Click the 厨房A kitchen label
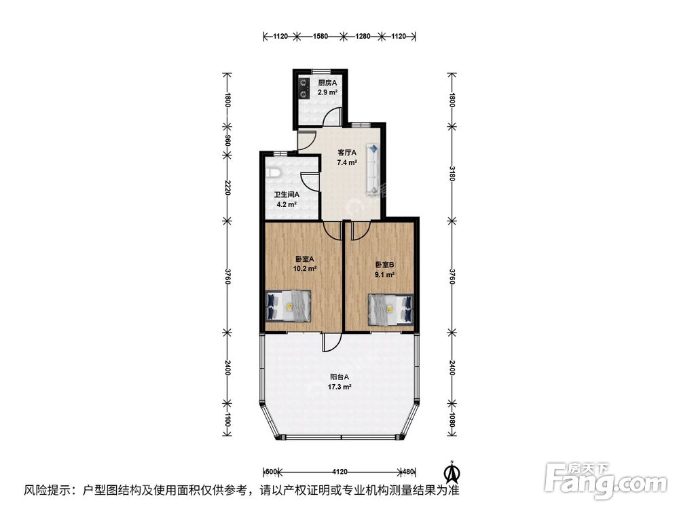pos(327,83)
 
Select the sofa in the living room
pos(373,169)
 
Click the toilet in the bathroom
pos(274,174)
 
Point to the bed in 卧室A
pos(289,305)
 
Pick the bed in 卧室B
pos(390,309)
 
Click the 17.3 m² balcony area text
pos(339,387)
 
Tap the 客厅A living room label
pos(347,153)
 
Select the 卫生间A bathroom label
pos(287,195)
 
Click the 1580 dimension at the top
pos(320,37)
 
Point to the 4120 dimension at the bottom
pos(340,472)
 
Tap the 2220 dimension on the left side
pos(227,187)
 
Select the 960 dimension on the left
pos(227,140)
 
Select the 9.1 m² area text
pos(384,274)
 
